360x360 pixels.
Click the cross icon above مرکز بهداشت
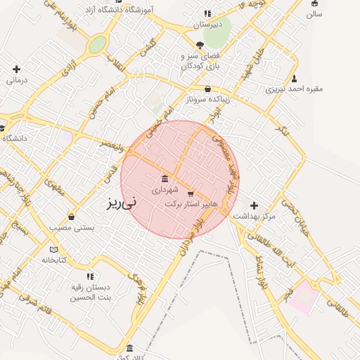tap(254, 205)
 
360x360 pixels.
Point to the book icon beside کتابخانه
tap(54, 249)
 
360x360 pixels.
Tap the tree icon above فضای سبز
tap(200, 44)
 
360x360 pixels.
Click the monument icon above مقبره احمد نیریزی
tap(294, 79)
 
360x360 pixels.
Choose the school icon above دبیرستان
tap(207, 13)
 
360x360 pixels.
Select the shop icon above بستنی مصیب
tap(71, 217)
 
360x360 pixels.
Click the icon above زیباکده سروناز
tap(207, 89)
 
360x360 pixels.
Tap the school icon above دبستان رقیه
tap(89, 276)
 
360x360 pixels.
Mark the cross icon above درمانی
tap(16, 69)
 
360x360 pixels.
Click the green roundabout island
tap(97, 44)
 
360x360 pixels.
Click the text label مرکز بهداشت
tap(255, 216)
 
